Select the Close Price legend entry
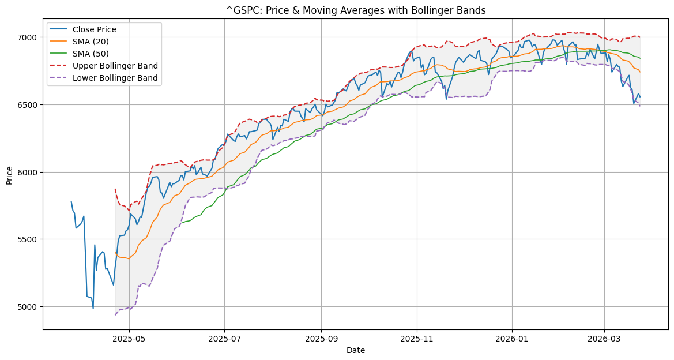pyautogui.click(x=96, y=29)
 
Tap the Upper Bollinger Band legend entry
pyautogui.click(x=115, y=66)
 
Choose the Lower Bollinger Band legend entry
pyautogui.click(x=115, y=78)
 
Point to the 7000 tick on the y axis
pyautogui.click(x=29, y=37)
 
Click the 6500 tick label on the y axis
pyautogui.click(x=29, y=105)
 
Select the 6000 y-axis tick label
pyautogui.click(x=29, y=172)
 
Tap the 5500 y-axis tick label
pyautogui.click(x=29, y=239)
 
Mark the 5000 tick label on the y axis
pyautogui.click(x=29, y=307)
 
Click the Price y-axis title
pyautogui.click(x=10, y=174)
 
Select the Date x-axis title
pyautogui.click(x=356, y=350)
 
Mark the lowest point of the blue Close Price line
pyautogui.click(x=93, y=309)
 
